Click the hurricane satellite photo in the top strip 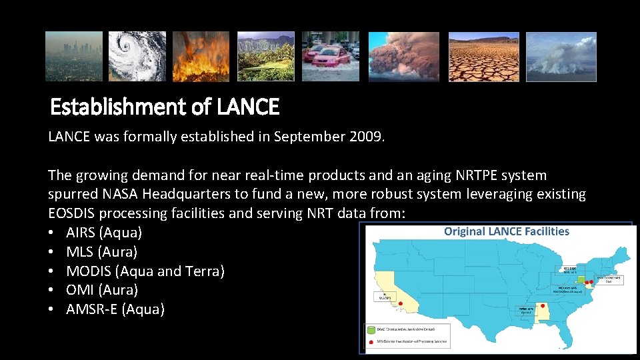pos(137,56)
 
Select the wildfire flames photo pos(201,56)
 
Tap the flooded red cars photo pos(330,56)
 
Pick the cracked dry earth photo pos(483,56)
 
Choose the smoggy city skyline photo pos(74,56)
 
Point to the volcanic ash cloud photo pos(404,56)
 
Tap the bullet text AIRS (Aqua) pos(104,233)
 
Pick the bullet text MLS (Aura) pos(101,252)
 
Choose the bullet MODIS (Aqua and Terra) pos(145,271)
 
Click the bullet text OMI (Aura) pos(102,290)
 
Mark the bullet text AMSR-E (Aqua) pos(115,309)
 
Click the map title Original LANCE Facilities pos(507,231)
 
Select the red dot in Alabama pos(543,305)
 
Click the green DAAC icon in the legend pos(370,329)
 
